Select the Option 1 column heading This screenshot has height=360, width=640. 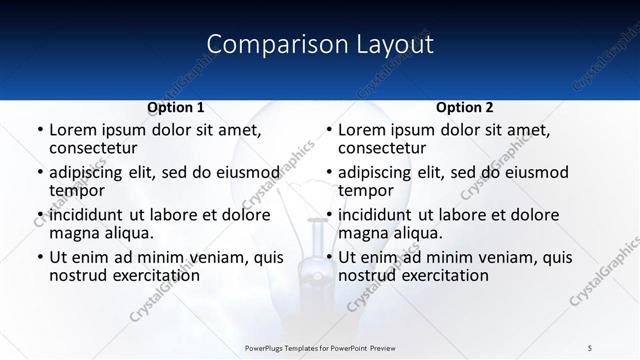click(x=176, y=107)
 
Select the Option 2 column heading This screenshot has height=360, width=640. click(x=465, y=107)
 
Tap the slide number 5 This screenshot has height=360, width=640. click(x=590, y=347)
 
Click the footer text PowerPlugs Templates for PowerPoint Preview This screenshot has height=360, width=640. click(x=320, y=347)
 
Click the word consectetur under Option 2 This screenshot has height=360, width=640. click(x=388, y=148)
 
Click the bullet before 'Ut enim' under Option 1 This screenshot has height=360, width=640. click(x=39, y=257)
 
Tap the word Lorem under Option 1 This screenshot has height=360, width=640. click(x=72, y=130)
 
